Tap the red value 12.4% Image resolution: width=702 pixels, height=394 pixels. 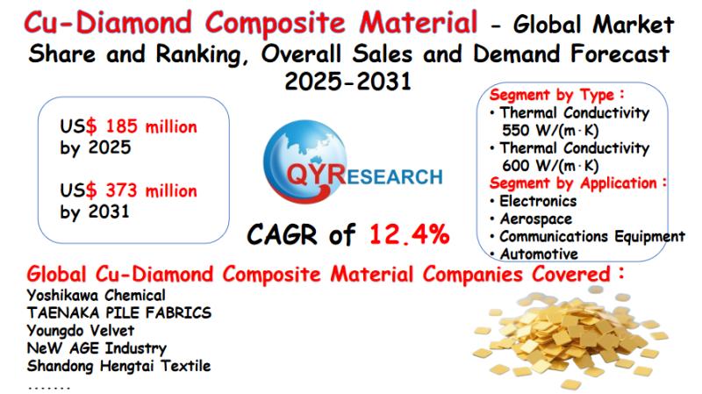pyautogui.click(x=409, y=234)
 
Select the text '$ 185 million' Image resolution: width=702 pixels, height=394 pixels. pyautogui.click(x=141, y=126)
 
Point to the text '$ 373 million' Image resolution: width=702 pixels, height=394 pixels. pyautogui.click(x=141, y=190)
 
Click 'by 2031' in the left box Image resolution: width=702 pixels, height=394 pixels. pyautogui.click(x=95, y=211)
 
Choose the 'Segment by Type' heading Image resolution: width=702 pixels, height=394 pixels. pyautogui.click(x=556, y=95)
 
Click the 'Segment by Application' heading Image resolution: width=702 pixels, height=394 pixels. pyautogui.click(x=577, y=183)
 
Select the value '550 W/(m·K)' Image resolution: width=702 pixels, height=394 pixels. pyautogui.click(x=550, y=130)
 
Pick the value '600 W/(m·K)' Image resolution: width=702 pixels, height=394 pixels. pyautogui.click(x=550, y=166)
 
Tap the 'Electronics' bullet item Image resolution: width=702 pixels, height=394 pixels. pyautogui.click(x=538, y=201)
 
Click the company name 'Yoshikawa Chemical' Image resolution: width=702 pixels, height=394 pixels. pyautogui.click(x=96, y=296)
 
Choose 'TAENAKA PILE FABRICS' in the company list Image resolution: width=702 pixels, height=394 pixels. pyautogui.click(x=118, y=313)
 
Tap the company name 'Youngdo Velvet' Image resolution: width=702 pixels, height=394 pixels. pyautogui.click(x=81, y=331)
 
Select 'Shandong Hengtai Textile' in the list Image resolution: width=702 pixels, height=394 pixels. pyautogui.click(x=118, y=366)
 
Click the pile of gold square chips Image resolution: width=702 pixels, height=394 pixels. pyautogui.click(x=571, y=340)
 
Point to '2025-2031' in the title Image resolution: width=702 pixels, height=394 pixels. pyautogui.click(x=347, y=82)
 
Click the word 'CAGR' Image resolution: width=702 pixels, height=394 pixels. pyautogui.click(x=282, y=234)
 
